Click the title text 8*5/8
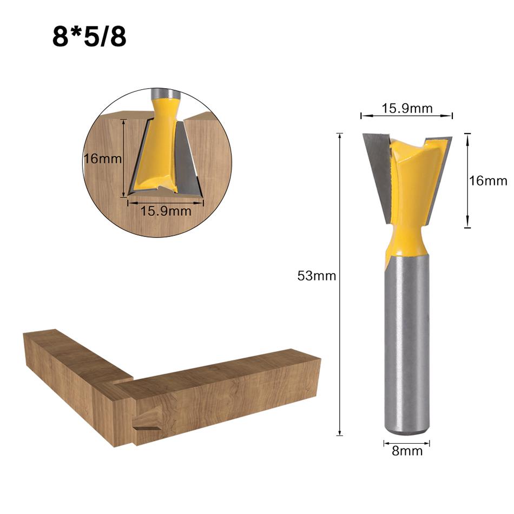tap(89, 37)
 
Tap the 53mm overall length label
tap(317, 276)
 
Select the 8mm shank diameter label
tap(407, 451)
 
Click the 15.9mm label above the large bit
tap(407, 108)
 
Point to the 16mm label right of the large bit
tap(488, 181)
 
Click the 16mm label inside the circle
tap(102, 159)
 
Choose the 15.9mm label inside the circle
tap(166, 211)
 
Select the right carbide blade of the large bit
tap(438, 173)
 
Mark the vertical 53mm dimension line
tap(340, 325)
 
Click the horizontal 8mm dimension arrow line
tap(407, 443)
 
